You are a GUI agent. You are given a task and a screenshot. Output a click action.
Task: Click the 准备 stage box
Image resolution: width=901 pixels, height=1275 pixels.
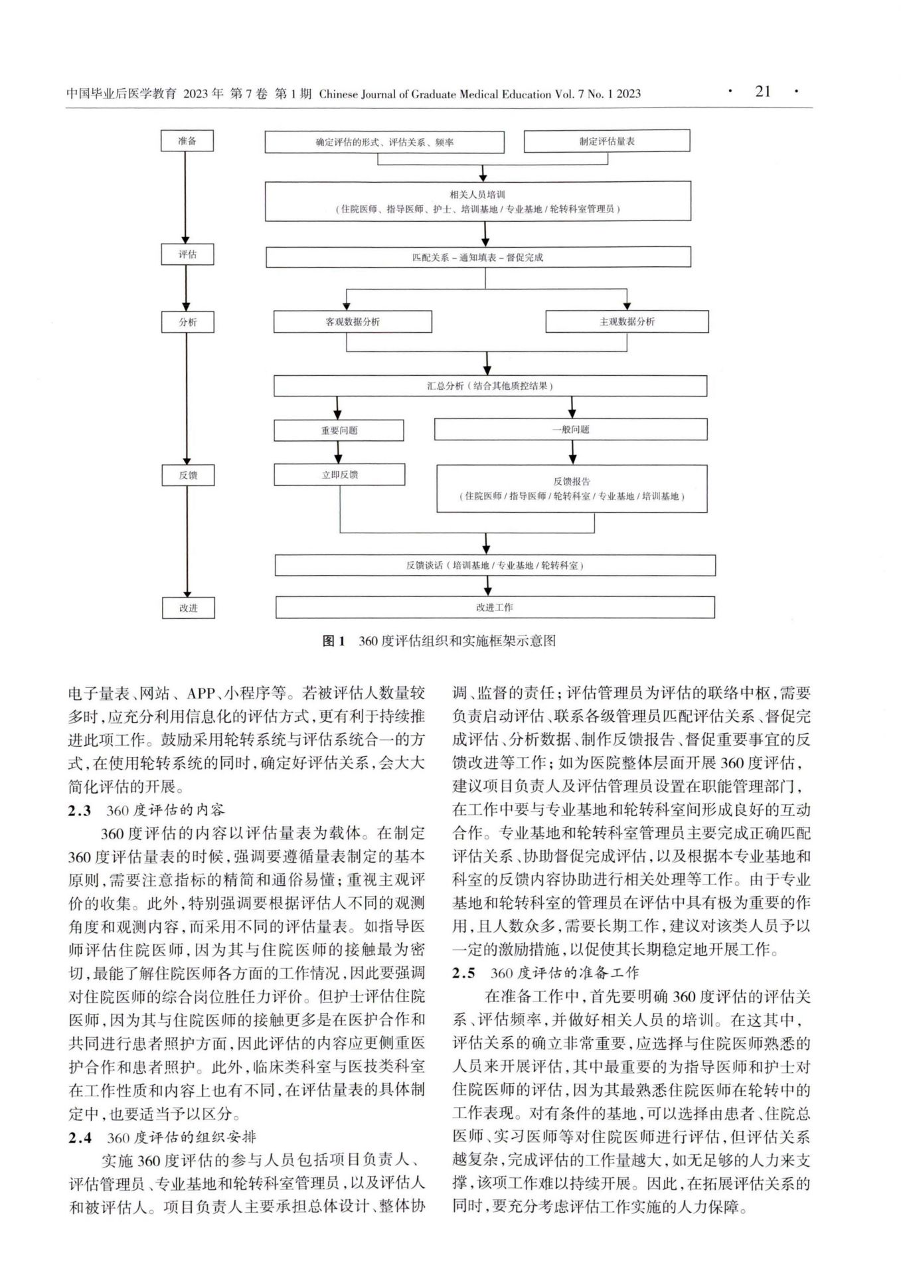(x=187, y=141)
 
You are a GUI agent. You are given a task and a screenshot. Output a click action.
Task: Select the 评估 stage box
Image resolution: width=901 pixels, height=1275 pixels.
(x=187, y=255)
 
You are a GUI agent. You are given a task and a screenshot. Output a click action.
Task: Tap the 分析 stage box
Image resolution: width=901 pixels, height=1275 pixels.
(x=187, y=322)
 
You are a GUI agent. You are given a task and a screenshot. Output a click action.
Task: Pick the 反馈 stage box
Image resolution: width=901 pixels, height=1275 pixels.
(x=188, y=475)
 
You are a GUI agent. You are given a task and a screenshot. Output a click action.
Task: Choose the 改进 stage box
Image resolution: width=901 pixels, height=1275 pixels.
(x=189, y=608)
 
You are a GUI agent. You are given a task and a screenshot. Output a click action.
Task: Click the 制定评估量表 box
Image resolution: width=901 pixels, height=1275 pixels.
(x=607, y=141)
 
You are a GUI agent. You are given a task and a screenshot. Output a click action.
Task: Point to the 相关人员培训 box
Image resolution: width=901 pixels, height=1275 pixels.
(x=477, y=201)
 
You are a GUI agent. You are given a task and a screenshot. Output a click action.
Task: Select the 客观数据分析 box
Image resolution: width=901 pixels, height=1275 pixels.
(x=353, y=322)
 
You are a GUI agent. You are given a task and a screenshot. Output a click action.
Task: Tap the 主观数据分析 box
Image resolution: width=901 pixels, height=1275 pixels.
(x=627, y=322)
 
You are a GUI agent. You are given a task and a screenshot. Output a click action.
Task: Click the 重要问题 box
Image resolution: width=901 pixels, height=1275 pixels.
(x=339, y=430)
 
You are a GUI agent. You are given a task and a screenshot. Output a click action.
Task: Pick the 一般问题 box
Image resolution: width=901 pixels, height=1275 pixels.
(x=570, y=430)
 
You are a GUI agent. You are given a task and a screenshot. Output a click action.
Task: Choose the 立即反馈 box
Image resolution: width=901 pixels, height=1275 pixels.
(x=339, y=475)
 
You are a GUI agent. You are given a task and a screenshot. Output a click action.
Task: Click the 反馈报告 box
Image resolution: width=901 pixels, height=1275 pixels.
(x=571, y=489)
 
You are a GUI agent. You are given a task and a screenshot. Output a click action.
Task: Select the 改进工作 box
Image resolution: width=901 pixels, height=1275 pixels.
(x=495, y=608)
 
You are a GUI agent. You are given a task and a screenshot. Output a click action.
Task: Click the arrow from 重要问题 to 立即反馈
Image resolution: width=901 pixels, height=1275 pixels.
(x=339, y=452)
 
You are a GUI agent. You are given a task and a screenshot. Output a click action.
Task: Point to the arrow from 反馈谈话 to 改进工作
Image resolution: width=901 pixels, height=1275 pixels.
(x=489, y=586)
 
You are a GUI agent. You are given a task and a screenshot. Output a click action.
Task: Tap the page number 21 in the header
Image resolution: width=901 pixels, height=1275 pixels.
(x=763, y=92)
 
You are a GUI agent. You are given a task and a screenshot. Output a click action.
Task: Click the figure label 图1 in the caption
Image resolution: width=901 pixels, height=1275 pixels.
(x=333, y=641)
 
